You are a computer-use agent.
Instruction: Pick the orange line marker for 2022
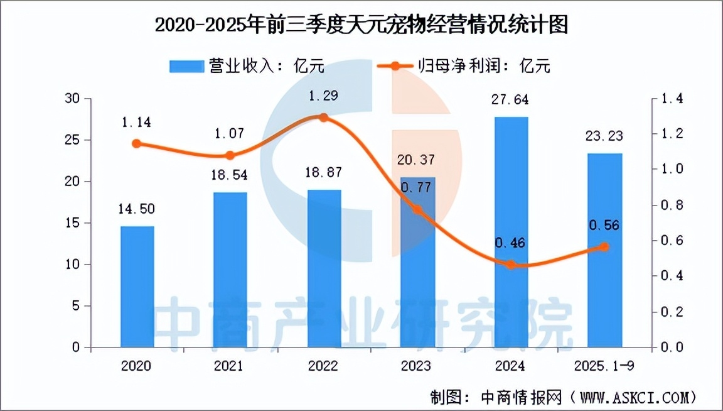pyautogui.click(x=324, y=118)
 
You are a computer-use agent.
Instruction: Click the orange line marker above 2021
pyautogui.click(x=230, y=155)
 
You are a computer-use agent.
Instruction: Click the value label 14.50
pyautogui.click(x=136, y=209)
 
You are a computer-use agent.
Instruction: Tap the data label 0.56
pyautogui.click(x=604, y=225)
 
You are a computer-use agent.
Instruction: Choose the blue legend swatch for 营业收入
pyautogui.click(x=186, y=65)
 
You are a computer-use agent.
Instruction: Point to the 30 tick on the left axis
pyautogui.click(x=74, y=99)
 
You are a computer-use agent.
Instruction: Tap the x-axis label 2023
pyautogui.click(x=417, y=366)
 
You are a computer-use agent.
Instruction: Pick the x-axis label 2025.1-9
pyautogui.click(x=604, y=366)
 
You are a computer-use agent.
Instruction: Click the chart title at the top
pyautogui.click(x=361, y=25)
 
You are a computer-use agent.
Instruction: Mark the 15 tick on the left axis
pyautogui.click(x=74, y=223)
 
